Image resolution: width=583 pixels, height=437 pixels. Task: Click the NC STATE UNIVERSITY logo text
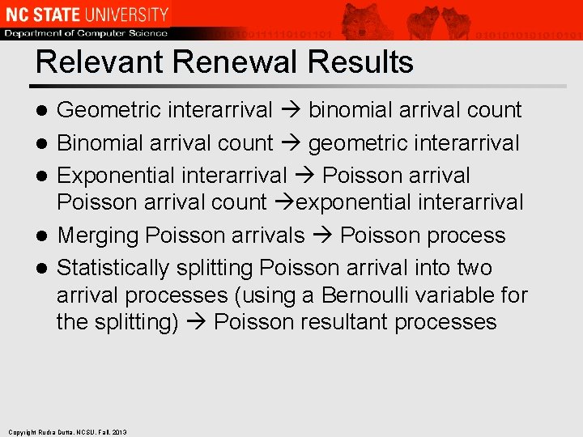coord(85,15)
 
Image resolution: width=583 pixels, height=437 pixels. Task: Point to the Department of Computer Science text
coord(85,33)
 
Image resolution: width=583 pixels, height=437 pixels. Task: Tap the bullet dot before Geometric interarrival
coord(45,111)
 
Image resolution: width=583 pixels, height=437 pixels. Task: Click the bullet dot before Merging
coord(45,236)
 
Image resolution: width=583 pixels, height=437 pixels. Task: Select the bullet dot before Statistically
coord(45,268)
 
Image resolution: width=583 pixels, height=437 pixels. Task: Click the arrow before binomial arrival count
coord(291,111)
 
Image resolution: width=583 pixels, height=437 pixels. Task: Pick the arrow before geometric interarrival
coord(291,144)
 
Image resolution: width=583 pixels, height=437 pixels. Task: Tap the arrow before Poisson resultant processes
coord(196,322)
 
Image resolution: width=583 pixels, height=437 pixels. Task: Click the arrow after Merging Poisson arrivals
coord(322,236)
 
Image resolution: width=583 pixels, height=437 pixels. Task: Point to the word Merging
coord(98,236)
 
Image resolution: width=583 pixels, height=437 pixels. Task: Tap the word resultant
coord(341,322)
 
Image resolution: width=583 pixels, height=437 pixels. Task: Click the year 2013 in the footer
coord(120,432)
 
